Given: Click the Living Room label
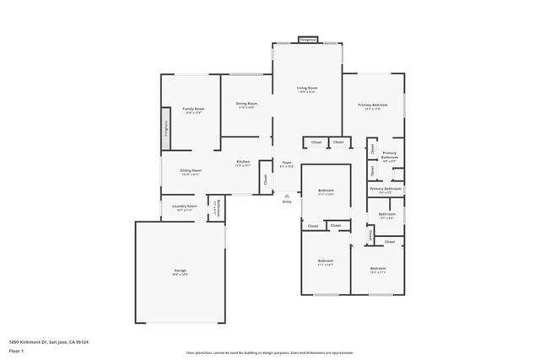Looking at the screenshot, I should (306, 88).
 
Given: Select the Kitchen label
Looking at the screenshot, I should (243, 161).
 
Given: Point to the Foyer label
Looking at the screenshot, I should (287, 161).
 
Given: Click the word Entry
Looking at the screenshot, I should (287, 201).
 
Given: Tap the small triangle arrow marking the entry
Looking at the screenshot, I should (287, 195).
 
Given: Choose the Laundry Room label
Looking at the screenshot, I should (185, 206).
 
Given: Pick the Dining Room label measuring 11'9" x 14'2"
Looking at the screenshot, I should (246, 104).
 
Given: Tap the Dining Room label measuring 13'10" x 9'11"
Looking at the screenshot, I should (191, 170).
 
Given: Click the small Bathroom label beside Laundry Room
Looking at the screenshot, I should (217, 207).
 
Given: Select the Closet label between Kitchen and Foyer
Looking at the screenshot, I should (265, 178).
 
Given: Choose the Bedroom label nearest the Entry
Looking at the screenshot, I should (326, 191).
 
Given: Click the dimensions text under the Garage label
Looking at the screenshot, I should (181, 275).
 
